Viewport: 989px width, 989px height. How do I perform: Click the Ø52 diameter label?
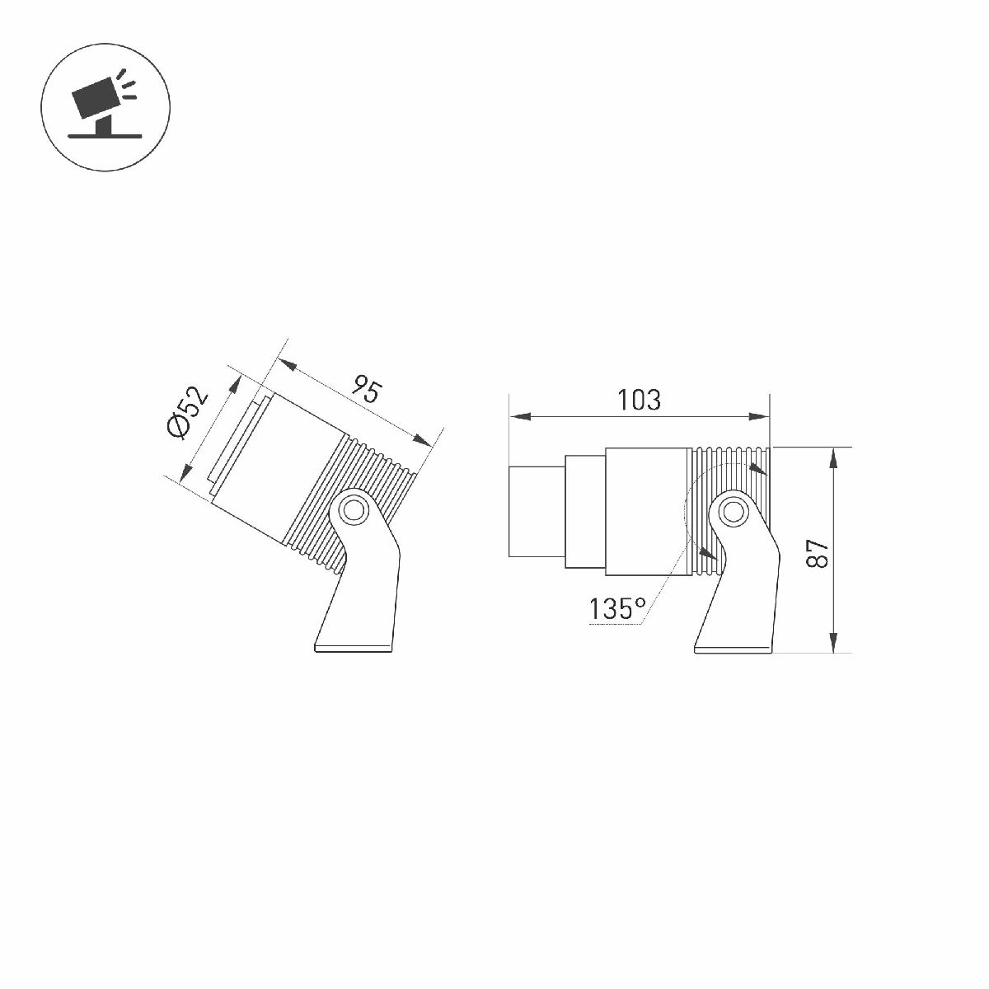coord(188,413)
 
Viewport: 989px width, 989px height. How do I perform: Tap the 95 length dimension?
coord(368,389)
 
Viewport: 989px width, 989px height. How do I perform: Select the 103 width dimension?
coord(639,400)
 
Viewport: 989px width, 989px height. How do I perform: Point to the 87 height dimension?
coord(818,553)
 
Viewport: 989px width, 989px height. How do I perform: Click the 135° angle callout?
coord(617,609)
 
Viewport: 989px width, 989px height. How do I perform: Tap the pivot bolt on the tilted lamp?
coord(353,511)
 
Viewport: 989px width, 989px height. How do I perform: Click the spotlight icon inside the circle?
coord(105,107)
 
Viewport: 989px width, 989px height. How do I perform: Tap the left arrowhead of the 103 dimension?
coord(520,416)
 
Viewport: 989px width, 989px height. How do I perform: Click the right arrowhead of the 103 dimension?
coord(759,416)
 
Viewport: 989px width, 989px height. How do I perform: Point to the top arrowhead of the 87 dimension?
coord(833,457)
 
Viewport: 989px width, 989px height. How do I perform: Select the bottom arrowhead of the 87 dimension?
coord(833,642)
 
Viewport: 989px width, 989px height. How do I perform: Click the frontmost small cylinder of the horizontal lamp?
coord(537,511)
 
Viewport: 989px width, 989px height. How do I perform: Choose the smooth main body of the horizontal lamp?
coord(647,511)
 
